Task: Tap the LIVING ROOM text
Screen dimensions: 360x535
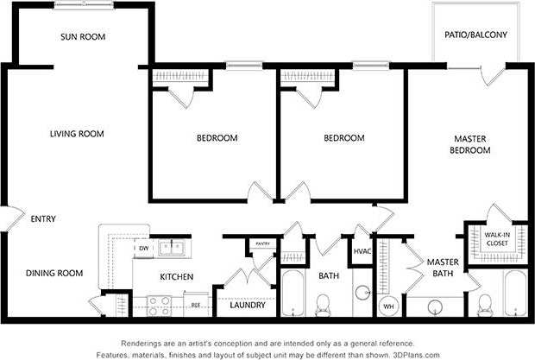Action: (77, 134)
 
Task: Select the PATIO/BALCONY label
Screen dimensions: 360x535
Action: (476, 35)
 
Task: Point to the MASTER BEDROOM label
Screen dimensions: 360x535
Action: (469, 144)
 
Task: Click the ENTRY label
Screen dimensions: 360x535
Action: (43, 219)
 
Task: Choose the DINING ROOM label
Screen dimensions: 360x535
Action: (54, 273)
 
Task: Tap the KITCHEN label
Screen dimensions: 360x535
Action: (176, 277)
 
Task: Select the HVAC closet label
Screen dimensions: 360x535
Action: (362, 251)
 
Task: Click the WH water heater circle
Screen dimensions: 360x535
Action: (387, 306)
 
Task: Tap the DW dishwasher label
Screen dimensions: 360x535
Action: (143, 249)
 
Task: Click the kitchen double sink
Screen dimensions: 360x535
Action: (176, 249)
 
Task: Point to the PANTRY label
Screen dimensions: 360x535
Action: (262, 244)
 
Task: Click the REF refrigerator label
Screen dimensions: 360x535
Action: (196, 305)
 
